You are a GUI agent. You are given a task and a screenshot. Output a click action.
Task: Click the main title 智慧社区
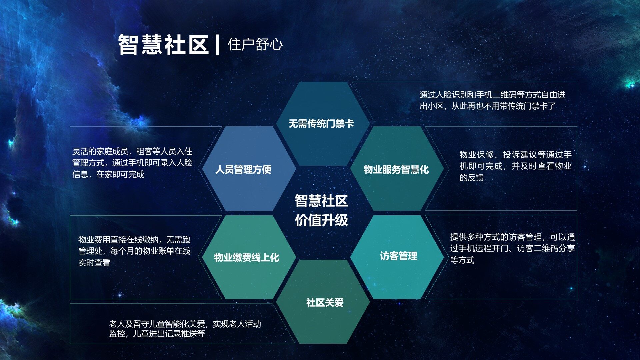163,44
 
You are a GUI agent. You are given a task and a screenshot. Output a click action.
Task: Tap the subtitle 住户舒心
255,44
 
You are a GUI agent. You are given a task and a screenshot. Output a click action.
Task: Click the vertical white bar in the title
217,45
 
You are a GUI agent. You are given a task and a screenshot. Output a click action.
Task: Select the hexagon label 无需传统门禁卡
321,124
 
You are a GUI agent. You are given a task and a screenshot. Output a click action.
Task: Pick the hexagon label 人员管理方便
243,169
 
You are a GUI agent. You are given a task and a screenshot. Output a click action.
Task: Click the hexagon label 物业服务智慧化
396,169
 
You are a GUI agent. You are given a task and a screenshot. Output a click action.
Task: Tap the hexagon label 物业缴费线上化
247,257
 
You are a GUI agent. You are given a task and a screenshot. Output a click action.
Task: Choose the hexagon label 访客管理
399,256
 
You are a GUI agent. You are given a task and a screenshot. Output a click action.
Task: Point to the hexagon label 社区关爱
325,303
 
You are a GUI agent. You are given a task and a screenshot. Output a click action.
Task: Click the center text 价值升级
321,220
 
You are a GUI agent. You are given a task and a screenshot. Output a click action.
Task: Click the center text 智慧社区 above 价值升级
321,201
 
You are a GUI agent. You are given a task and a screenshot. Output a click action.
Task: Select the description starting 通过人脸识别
492,100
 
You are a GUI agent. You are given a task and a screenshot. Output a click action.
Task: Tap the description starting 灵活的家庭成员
132,163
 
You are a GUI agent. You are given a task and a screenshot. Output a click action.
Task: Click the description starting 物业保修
516,166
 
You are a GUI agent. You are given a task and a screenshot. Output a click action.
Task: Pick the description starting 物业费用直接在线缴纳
134,251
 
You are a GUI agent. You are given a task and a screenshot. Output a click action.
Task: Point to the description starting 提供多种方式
512,248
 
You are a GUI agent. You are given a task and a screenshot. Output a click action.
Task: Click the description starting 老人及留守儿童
185,329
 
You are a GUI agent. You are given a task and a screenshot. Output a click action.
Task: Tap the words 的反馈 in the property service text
472,178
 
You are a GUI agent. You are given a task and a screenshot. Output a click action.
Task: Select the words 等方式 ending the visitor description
462,260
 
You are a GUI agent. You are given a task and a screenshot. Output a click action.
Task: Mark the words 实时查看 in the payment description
94,263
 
